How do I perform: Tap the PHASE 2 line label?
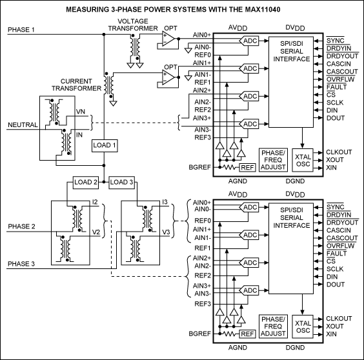pyautogui.click(x=22, y=226)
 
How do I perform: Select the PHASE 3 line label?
pyautogui.click(x=22, y=264)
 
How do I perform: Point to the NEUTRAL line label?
pyautogui.click(x=21, y=125)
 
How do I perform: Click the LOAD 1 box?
pyautogui.click(x=105, y=145)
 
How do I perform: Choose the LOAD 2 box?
pyautogui.click(x=85, y=182)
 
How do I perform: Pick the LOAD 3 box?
pyautogui.click(x=123, y=182)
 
